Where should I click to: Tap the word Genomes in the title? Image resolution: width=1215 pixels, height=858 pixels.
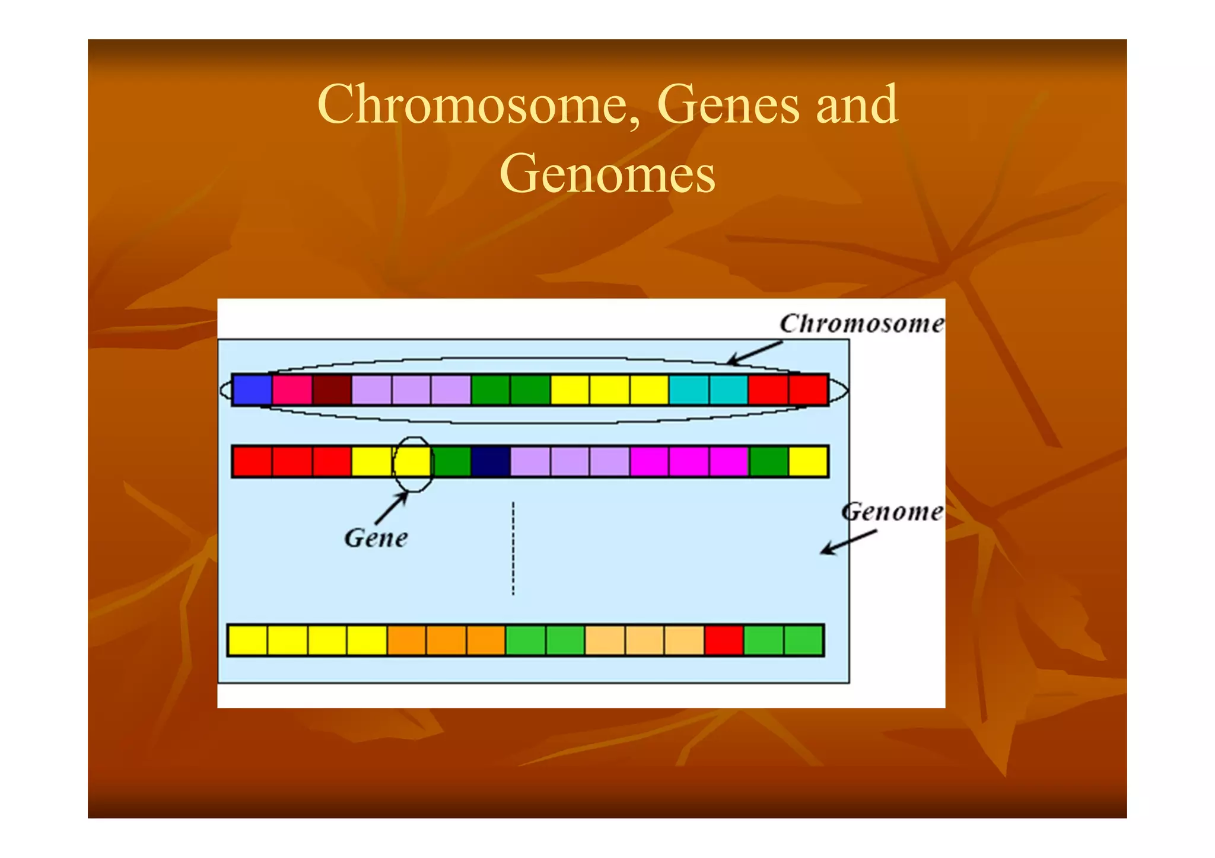point(607,174)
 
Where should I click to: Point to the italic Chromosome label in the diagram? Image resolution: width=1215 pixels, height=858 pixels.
point(861,324)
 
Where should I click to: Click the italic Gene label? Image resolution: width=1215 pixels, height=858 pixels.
point(376,538)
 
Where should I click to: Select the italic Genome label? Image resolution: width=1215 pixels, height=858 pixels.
point(892,512)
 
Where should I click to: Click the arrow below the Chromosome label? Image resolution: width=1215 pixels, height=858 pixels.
point(754,353)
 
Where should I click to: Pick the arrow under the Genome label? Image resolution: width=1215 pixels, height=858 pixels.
point(848,543)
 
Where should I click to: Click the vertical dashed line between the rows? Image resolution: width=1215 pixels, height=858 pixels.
point(513,548)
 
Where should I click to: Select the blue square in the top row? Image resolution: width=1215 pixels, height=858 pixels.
point(252,390)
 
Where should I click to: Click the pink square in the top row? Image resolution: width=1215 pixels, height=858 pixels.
point(292,390)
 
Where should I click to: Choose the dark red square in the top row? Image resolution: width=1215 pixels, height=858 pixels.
point(332,390)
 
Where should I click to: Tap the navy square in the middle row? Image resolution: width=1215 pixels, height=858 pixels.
point(491,462)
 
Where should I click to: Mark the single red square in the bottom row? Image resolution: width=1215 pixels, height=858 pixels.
point(724,640)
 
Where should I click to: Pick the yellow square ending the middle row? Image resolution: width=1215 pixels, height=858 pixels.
point(808,462)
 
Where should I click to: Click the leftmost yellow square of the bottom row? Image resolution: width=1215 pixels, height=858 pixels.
point(248,640)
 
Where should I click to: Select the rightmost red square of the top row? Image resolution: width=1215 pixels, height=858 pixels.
point(808,390)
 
